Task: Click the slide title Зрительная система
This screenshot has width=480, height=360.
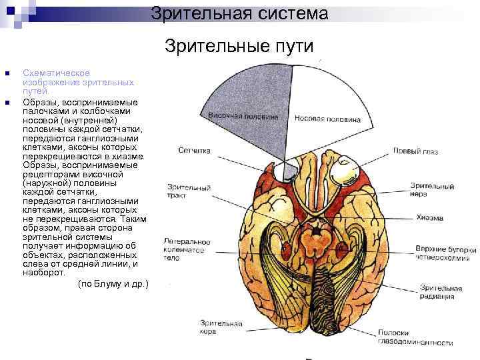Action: pos(239,13)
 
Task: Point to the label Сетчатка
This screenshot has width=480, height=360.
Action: pos(195,151)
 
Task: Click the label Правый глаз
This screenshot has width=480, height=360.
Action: pos(415,152)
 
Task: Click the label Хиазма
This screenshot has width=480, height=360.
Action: pos(430,217)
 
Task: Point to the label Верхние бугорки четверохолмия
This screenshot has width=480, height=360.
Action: pos(445,252)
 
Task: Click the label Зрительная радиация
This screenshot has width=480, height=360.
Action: pos(441,291)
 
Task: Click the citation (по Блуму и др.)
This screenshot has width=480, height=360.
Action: pos(113,284)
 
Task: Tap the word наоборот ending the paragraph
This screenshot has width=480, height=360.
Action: pos(43,273)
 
